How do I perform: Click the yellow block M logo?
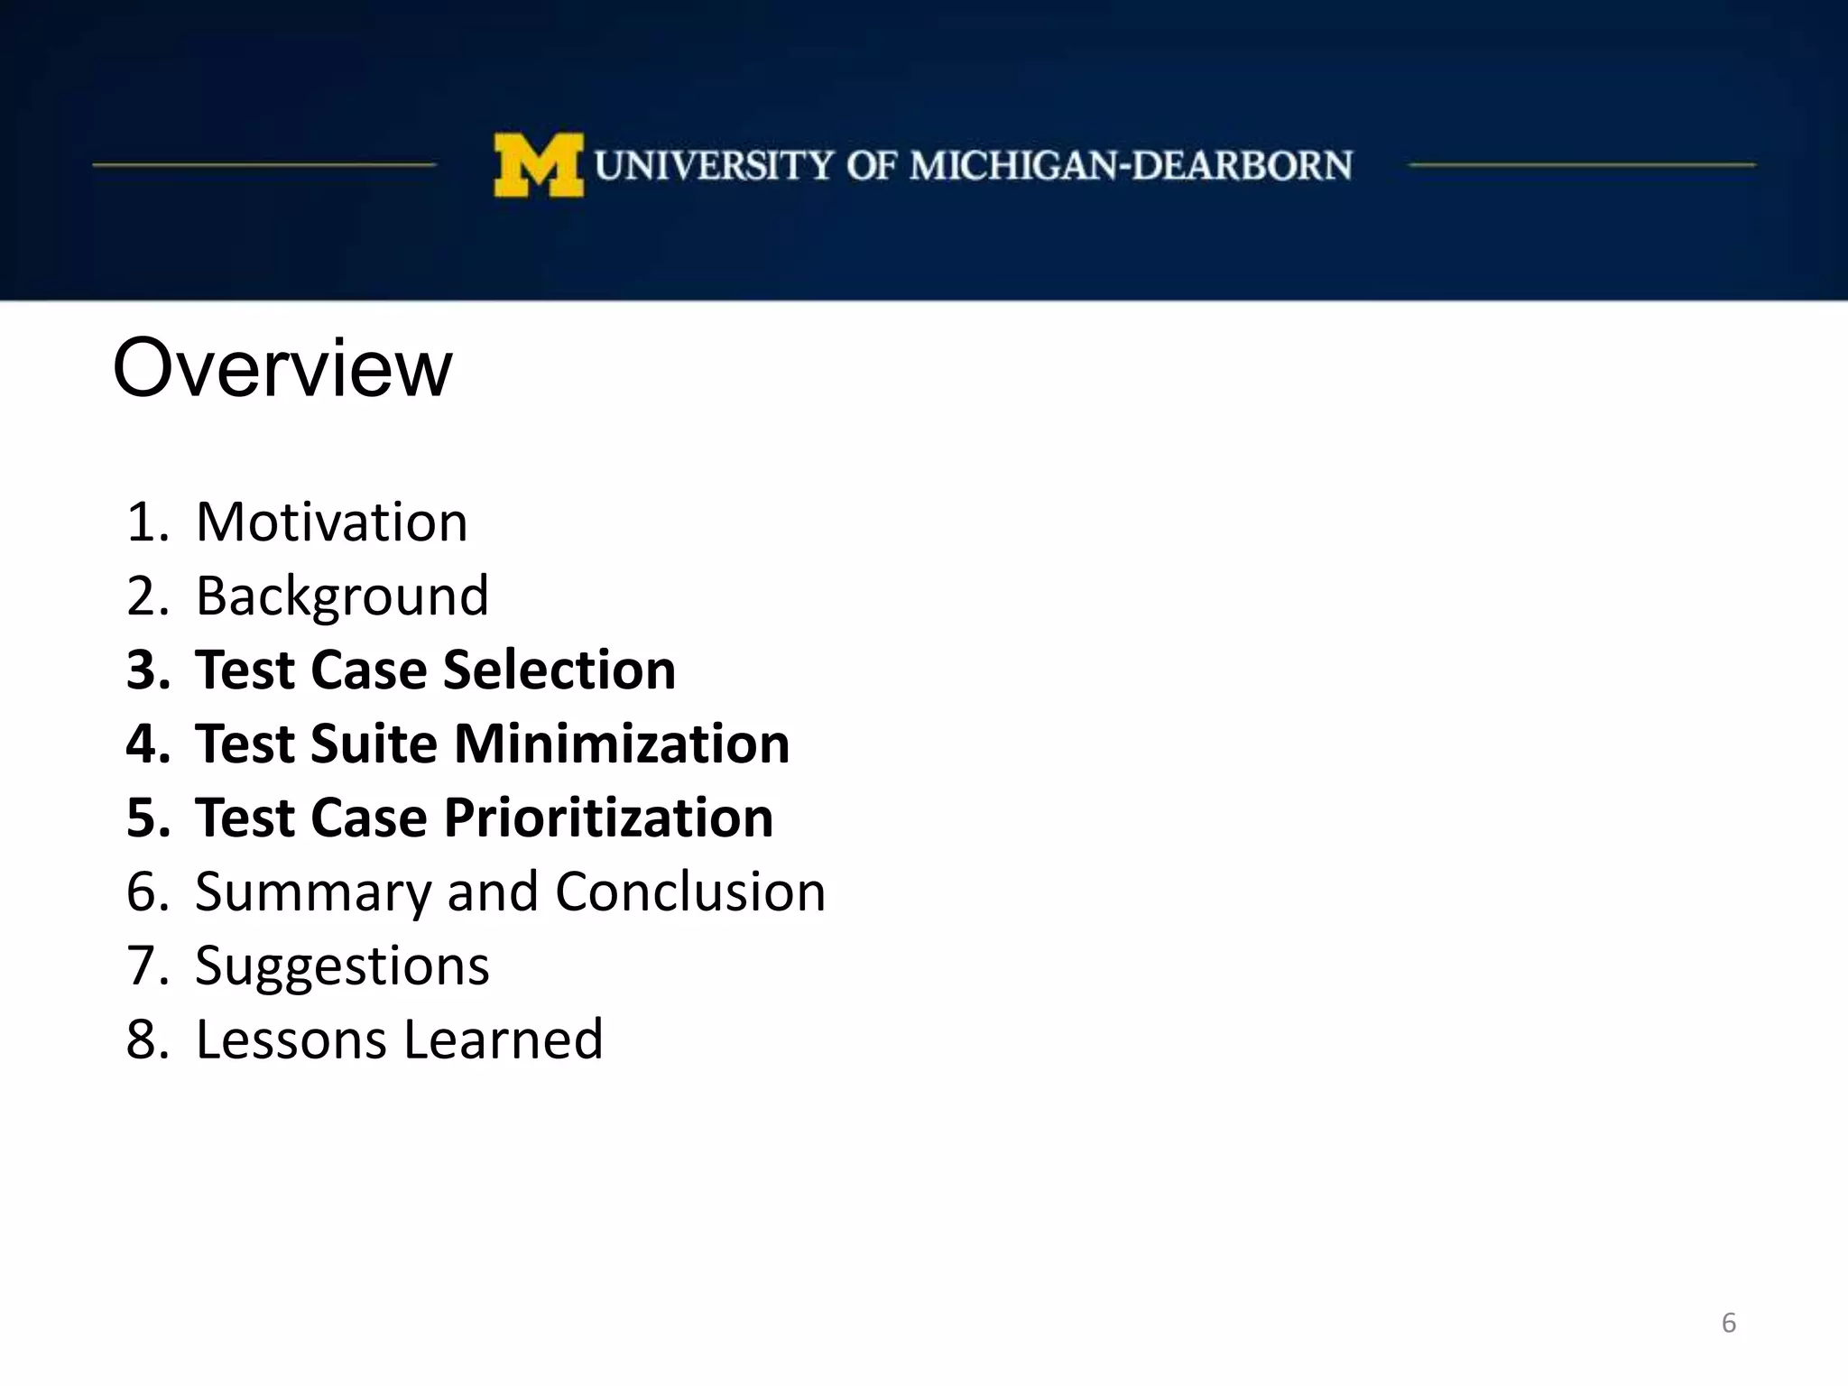pos(539,165)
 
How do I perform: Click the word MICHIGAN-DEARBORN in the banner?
pos(1131,166)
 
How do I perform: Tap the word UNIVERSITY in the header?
pos(714,166)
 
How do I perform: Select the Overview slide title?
pos(282,367)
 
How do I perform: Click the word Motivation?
pos(332,522)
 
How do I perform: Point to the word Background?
pos(342,596)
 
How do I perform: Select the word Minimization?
pos(621,744)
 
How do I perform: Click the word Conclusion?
pos(690,892)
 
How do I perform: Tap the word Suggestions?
pos(342,966)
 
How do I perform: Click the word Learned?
pos(503,1040)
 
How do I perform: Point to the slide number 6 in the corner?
pos(1728,1323)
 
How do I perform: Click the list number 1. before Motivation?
pos(147,522)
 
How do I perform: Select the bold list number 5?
pos(147,818)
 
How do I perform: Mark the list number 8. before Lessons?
pos(147,1040)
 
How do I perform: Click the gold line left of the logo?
pos(264,165)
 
